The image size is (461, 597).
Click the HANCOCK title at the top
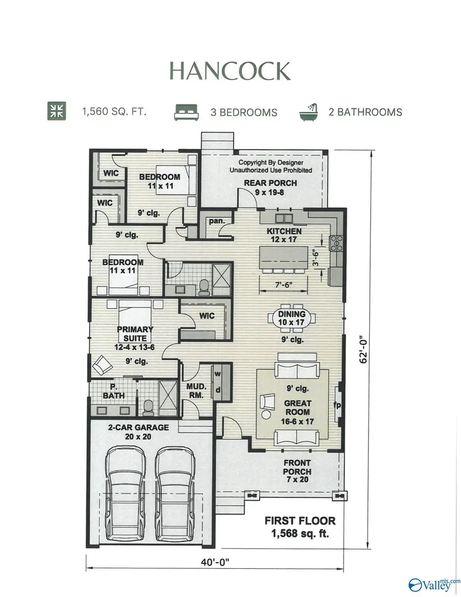pos(230,71)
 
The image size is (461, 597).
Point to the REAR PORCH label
pos(270,188)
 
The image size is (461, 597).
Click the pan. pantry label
pos(214,221)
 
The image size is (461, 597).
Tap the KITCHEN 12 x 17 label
pos(284,235)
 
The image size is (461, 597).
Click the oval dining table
pos(291,318)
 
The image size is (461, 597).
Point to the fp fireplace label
pos(338,405)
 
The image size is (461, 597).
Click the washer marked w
pos(217,373)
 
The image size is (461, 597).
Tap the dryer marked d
pos(217,390)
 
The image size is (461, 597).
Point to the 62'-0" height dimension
pos(365,353)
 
